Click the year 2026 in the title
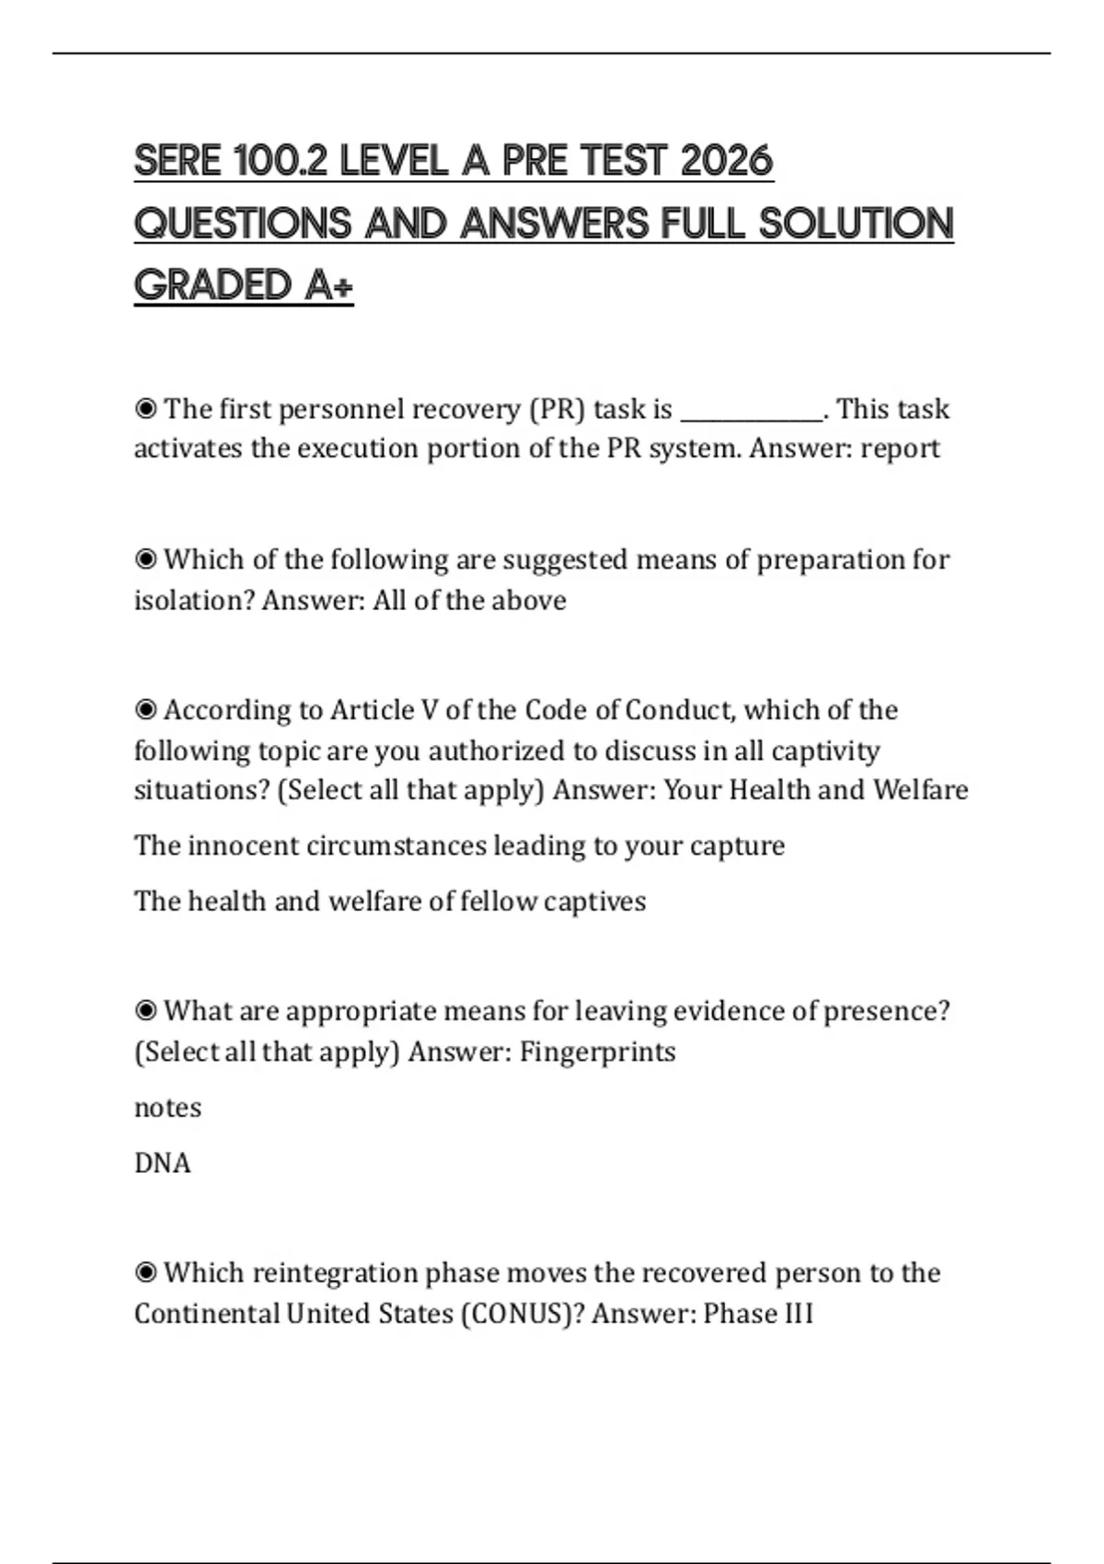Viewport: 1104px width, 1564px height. (726, 162)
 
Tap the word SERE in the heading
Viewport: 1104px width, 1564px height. (178, 162)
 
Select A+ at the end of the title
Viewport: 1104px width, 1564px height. (328, 285)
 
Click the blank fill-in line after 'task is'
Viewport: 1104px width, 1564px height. (752, 411)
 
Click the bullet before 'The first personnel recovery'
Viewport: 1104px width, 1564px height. (145, 408)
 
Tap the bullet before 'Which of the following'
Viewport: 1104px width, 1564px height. (145, 559)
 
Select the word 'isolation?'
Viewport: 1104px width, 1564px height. (193, 601)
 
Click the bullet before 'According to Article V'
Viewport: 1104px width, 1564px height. (145, 710)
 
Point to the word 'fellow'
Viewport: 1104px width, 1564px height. (498, 901)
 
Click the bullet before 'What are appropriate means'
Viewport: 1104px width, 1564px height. (145, 1011)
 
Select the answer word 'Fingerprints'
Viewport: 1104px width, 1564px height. (597, 1052)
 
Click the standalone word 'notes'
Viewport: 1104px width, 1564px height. (167, 1108)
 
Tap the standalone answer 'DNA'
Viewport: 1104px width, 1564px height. (163, 1163)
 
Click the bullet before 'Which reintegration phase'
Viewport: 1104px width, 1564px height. (145, 1273)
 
